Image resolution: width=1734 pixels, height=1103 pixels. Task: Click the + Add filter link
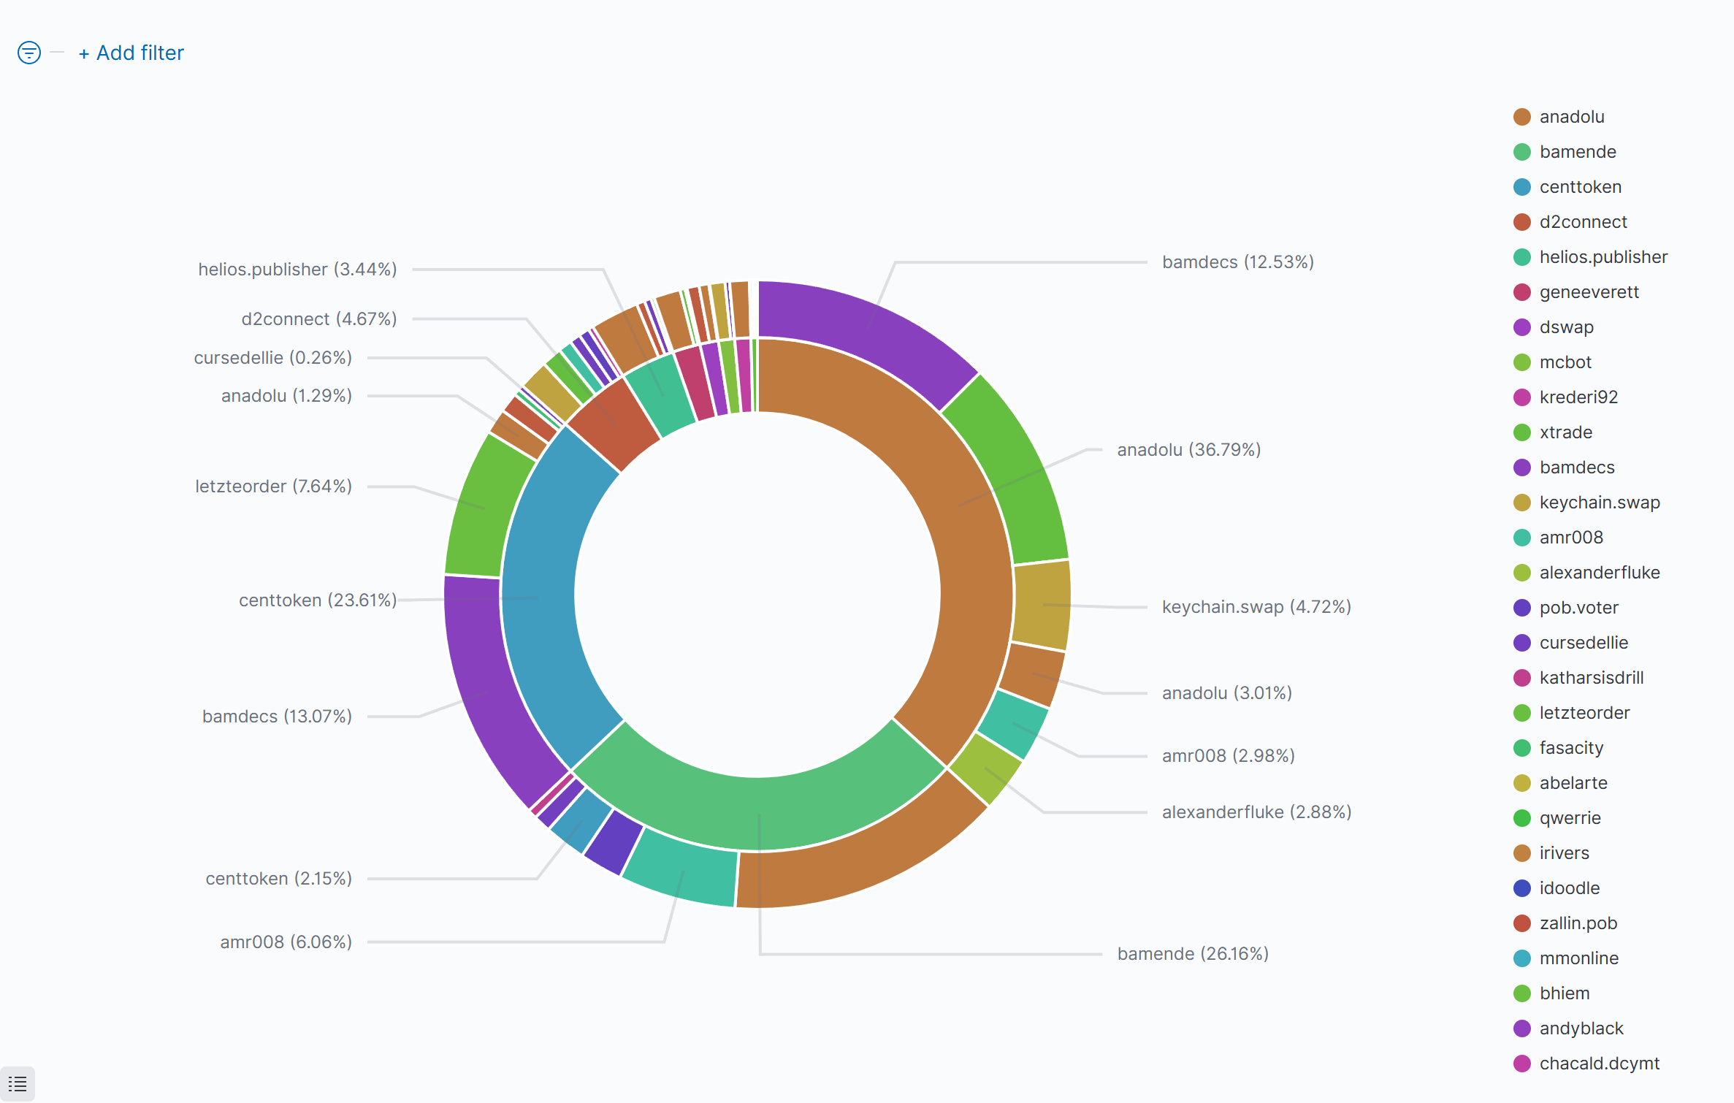[131, 53]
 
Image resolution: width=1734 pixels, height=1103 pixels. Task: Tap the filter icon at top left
[29, 53]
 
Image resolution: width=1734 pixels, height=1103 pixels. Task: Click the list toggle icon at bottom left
[18, 1084]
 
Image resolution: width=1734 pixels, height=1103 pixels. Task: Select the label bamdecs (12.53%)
[1237, 262]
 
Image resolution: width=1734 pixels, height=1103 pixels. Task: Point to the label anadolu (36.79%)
[1188, 450]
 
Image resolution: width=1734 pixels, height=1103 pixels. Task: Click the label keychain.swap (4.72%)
[1256, 607]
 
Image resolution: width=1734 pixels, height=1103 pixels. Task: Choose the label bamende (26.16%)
[1192, 954]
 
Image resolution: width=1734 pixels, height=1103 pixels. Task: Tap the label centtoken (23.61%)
[318, 600]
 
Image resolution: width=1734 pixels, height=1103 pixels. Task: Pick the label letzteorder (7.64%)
[273, 486]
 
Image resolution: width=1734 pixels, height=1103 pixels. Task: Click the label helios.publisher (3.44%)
[297, 270]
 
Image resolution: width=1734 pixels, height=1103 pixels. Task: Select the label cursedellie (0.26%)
[272, 358]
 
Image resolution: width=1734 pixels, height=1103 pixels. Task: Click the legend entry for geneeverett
[1589, 292]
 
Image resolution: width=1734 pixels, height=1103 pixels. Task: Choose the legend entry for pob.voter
[1578, 608]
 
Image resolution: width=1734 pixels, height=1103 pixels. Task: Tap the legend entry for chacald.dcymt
[1599, 1064]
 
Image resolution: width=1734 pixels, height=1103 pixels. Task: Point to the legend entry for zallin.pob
[1578, 923]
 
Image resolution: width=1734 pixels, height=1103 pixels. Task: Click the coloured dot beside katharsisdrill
[1522, 678]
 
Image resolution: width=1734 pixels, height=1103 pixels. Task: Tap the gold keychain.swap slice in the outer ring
[1042, 605]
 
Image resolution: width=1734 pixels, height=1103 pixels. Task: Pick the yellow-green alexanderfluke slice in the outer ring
[985, 769]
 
